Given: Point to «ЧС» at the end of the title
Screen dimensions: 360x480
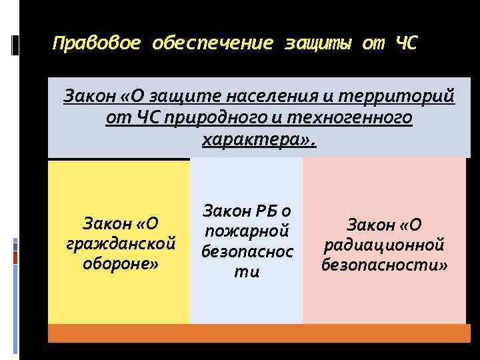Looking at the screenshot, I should (406, 45).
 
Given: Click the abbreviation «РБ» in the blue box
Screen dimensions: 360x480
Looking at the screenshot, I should (266, 211).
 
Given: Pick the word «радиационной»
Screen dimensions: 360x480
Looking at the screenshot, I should (383, 245).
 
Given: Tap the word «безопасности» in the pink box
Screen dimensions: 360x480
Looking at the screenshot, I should (384, 265).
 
